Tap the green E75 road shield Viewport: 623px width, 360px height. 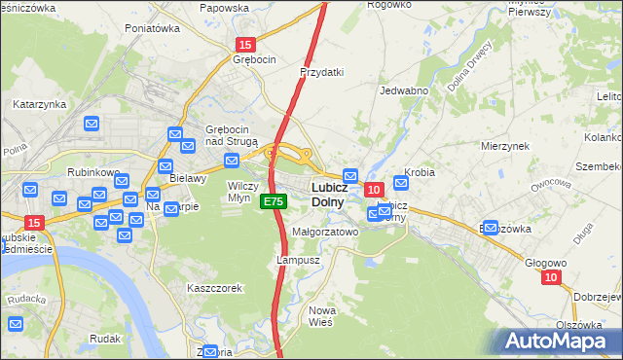click(273, 201)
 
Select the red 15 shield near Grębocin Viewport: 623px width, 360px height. click(245, 44)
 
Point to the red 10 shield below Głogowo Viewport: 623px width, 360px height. click(552, 277)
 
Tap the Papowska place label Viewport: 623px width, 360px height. click(224, 8)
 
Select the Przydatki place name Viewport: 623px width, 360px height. click(323, 72)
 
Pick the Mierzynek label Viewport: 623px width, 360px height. click(504, 145)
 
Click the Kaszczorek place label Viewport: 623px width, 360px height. click(214, 288)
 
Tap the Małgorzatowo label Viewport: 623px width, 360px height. click(325, 233)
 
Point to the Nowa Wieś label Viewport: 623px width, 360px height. click(321, 315)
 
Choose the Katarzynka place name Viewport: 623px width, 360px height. click(39, 103)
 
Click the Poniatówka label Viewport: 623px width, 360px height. click(153, 28)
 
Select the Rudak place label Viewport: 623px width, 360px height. click(104, 339)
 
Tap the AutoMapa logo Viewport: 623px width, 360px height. click(558, 341)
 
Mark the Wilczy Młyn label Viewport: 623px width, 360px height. click(242, 191)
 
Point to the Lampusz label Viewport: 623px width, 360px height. click(298, 261)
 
